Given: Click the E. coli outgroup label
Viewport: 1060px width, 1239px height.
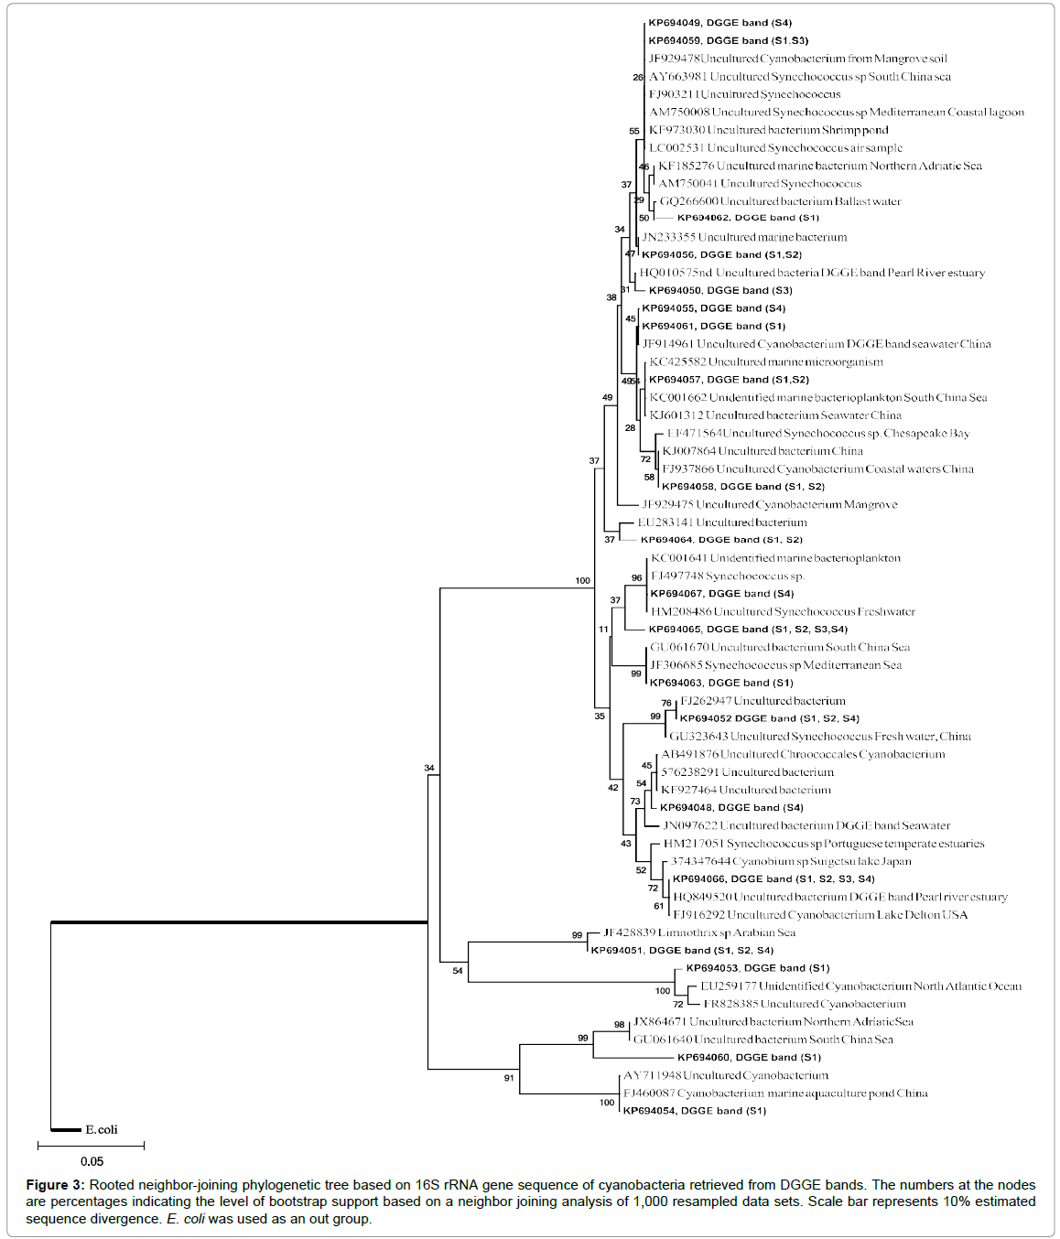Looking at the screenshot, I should click(101, 1129).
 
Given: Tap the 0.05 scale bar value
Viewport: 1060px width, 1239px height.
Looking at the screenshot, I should click(92, 1161).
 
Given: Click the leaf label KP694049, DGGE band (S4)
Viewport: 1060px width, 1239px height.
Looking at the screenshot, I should click(719, 23).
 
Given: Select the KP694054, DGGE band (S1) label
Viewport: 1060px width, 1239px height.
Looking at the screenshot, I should click(694, 1111).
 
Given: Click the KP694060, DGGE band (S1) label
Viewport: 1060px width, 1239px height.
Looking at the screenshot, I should click(749, 1057).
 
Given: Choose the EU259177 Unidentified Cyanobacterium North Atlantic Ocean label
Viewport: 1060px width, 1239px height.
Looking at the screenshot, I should click(860, 986).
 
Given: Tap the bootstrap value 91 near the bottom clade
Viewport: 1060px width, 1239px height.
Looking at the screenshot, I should click(509, 1078).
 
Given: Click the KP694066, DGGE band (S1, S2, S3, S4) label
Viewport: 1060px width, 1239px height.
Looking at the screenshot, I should click(773, 878).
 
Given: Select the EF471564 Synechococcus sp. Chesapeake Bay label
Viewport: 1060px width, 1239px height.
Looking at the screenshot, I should click(817, 433).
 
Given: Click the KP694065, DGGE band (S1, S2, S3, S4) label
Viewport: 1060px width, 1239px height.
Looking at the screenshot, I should click(748, 630).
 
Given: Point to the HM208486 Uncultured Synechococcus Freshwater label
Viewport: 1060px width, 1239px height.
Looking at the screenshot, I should click(783, 611).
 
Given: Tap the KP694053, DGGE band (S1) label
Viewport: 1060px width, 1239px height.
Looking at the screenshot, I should click(758, 968).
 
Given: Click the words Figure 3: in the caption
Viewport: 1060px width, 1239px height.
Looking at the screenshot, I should click(55, 1185).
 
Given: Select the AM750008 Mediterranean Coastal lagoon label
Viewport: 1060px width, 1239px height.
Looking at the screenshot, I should click(836, 112).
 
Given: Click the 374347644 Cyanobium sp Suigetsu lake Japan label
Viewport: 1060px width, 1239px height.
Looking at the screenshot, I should click(791, 861).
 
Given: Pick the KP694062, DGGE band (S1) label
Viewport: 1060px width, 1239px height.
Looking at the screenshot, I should click(748, 218).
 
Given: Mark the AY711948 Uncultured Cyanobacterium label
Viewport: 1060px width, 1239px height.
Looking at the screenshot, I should click(726, 1075).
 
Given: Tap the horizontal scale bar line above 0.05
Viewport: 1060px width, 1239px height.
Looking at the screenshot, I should click(91, 1145).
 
